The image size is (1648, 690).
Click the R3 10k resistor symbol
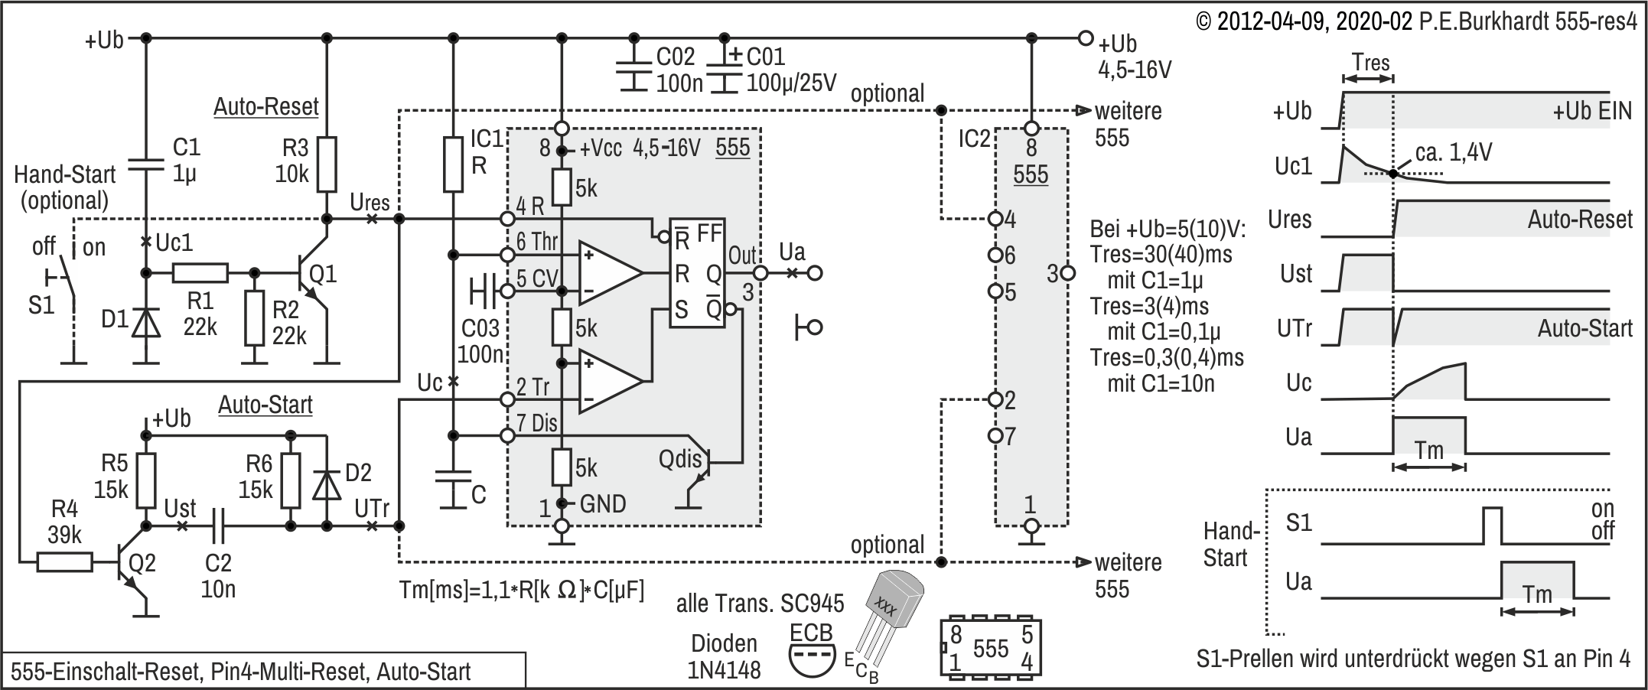327,164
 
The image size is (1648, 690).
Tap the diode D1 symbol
146,323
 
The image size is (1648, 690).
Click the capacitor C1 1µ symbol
146,163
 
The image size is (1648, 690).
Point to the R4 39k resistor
65,563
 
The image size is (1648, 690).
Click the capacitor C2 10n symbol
217,526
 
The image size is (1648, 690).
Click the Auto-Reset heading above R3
265,106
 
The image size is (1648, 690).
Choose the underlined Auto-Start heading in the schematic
265,405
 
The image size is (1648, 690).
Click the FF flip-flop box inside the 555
697,273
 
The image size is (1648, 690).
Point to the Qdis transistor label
680,459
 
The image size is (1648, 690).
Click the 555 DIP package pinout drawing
990,647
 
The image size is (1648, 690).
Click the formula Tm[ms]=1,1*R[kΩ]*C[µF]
521,590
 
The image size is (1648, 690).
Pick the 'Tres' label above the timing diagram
1370,63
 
